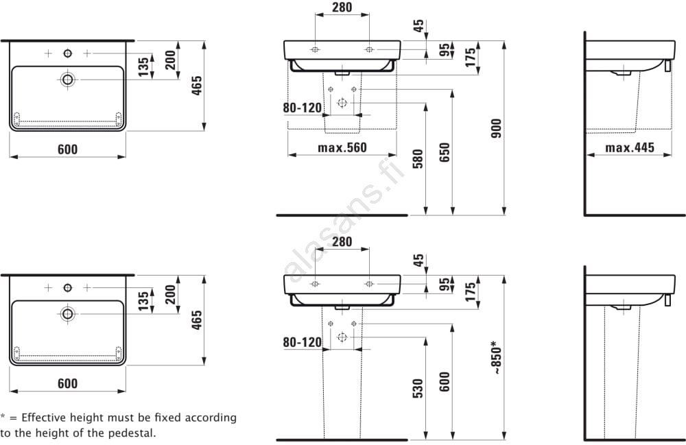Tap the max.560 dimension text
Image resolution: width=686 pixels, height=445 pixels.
point(342,147)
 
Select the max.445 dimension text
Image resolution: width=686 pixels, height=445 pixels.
point(629,147)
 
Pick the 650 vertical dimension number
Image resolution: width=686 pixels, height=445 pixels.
point(444,152)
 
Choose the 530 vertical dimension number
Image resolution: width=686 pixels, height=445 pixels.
point(418,388)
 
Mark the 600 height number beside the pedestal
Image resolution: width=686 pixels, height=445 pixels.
point(444,381)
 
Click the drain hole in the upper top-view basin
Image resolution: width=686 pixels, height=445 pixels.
point(67,79)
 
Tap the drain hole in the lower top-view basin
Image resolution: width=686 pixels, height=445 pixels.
point(67,313)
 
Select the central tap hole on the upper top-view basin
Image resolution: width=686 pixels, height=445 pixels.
point(67,53)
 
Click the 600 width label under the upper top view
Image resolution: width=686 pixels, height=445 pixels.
point(67,149)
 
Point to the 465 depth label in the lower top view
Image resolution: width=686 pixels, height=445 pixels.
point(197,320)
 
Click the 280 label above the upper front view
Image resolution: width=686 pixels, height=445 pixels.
point(342,8)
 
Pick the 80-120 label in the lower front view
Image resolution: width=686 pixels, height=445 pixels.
point(303,341)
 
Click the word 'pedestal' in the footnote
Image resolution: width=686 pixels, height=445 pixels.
point(133,433)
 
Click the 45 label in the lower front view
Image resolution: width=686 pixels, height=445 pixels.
point(418,261)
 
